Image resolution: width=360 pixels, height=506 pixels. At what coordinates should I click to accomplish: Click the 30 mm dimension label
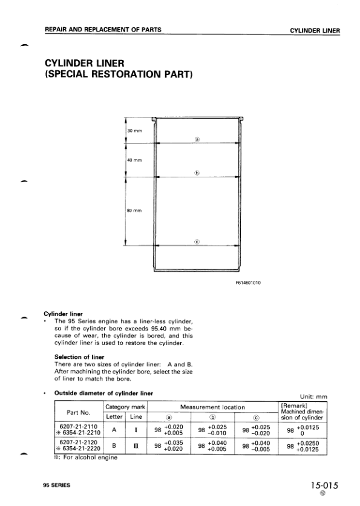[134, 131]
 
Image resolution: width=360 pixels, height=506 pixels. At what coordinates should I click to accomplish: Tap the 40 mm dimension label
[134, 160]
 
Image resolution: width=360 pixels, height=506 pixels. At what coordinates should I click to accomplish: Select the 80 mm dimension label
[134, 210]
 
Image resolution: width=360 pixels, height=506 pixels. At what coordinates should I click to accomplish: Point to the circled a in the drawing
[197, 139]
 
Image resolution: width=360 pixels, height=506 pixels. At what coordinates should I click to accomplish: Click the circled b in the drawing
[197, 172]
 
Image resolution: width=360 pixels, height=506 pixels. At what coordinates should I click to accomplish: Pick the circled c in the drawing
[197, 241]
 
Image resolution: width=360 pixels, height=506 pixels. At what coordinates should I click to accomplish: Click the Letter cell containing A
[114, 430]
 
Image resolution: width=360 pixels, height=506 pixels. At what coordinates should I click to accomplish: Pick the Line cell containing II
[136, 447]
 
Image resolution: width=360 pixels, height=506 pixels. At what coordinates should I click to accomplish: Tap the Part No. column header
[77, 412]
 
